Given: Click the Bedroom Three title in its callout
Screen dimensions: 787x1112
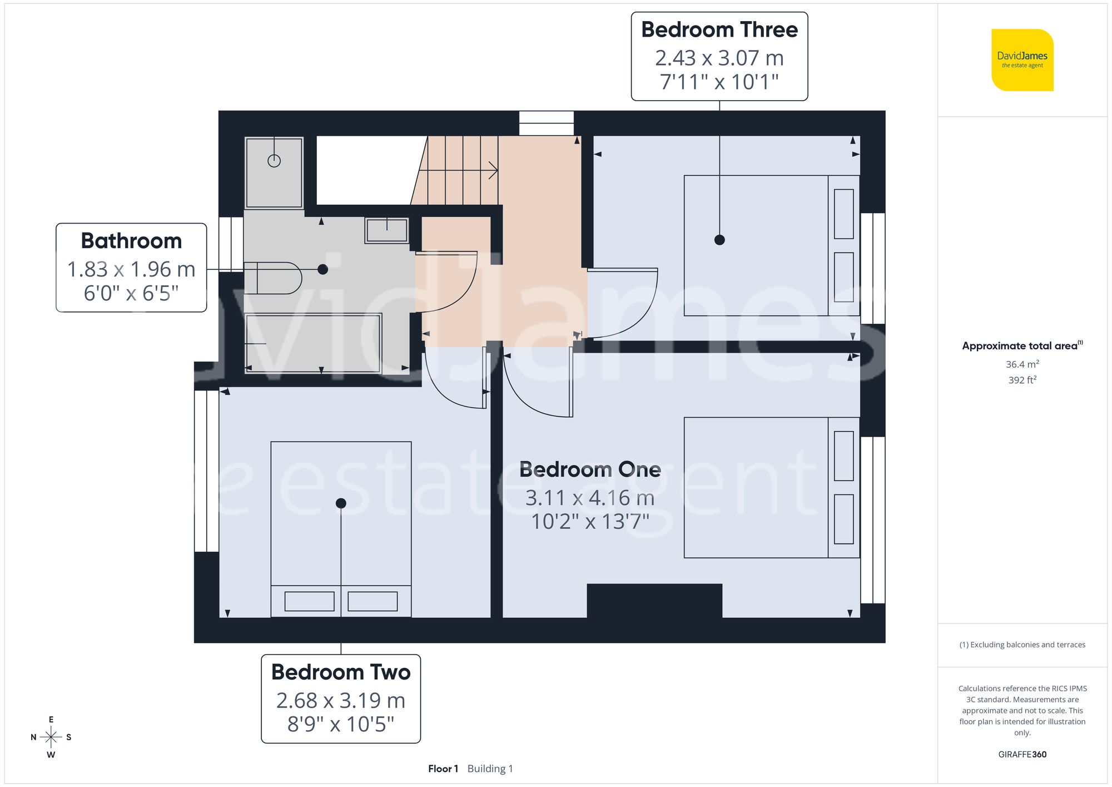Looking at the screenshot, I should (x=719, y=30).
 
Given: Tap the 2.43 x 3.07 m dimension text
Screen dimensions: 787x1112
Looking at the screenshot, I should (x=719, y=58).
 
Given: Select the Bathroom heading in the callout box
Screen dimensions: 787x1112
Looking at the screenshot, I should (x=131, y=241).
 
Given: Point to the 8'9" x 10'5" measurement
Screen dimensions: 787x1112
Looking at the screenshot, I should (x=340, y=724).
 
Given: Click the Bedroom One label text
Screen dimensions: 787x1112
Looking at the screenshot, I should (x=590, y=470).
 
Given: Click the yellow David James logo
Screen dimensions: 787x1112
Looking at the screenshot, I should (x=1022, y=60).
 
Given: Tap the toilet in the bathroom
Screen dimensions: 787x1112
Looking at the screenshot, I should (x=272, y=278).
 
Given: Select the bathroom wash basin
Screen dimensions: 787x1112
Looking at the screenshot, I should (x=386, y=230).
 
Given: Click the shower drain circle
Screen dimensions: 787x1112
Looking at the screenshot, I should (x=274, y=161).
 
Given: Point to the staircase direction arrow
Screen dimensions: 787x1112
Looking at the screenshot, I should (x=492, y=170).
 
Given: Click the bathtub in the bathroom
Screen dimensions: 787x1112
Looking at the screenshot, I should (x=313, y=343).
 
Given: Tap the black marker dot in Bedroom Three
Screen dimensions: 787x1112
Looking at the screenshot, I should (x=719, y=240).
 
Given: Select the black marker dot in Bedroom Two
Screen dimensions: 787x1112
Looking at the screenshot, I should (x=341, y=503).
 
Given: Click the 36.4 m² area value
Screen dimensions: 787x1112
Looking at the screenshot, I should (x=1022, y=364).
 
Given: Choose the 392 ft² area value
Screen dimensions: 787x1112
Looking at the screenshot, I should (x=1022, y=380).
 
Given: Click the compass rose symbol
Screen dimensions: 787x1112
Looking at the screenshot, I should (x=51, y=737).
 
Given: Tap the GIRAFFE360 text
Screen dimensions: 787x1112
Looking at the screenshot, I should (x=1022, y=755).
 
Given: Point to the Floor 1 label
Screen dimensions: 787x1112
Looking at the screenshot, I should (x=443, y=769).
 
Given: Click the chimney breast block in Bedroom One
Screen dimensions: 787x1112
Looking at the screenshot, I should (x=654, y=601).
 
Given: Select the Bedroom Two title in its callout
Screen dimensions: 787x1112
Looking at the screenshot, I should (x=340, y=672).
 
